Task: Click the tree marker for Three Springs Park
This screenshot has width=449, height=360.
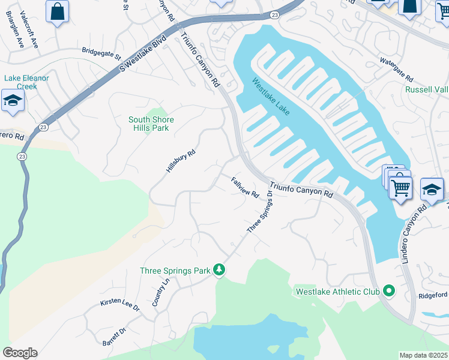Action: coord(220,271)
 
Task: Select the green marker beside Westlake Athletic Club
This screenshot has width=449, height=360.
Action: coord(389,292)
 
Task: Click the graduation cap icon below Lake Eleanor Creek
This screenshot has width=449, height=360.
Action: coord(12,101)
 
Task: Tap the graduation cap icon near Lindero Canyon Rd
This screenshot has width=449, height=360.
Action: coord(432,190)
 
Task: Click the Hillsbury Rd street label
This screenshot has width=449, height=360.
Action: coord(181,161)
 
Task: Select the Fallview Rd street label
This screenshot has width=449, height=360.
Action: coord(245,187)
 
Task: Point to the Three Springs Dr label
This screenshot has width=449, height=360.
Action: coord(260,214)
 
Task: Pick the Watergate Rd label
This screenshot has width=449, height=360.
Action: coord(397,70)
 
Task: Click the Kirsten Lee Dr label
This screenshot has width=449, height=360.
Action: coord(119,306)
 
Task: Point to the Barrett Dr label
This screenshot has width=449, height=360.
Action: coord(115,337)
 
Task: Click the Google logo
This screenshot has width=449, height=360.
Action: coord(20,353)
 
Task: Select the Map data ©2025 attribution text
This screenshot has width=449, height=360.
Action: coord(423,355)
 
